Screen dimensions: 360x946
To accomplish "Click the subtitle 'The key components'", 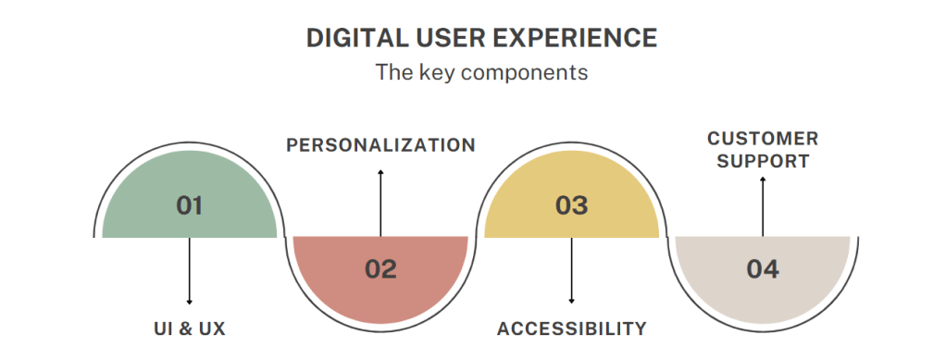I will [481, 72].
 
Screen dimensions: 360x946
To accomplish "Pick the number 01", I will [190, 205].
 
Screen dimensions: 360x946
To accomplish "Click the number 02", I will [380, 269].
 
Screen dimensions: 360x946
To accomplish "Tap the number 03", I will [571, 205].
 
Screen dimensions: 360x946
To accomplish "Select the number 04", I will [763, 269].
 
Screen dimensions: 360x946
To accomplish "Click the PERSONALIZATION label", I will [380, 145].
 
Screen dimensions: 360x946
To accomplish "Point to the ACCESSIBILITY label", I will [571, 329].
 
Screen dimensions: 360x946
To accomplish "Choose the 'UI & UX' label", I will [190, 329].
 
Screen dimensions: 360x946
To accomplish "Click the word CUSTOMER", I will [763, 139].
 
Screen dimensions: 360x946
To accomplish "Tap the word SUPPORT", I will [763, 161].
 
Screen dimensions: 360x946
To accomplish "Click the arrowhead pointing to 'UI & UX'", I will [190, 302].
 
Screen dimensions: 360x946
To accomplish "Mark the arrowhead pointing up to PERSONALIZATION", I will [380, 172].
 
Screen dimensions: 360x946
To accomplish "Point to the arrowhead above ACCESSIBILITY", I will [571, 302].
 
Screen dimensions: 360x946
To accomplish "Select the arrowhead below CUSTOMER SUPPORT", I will [763, 181].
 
